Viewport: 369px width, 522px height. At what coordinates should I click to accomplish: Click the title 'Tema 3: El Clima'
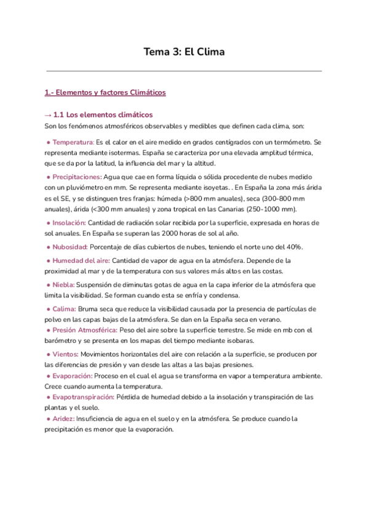pyautogui.click(x=184, y=52)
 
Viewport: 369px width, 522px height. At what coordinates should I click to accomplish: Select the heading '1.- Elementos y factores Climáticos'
pyautogui.click(x=105, y=93)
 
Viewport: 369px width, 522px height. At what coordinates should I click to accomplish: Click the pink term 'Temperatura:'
pyautogui.click(x=73, y=142)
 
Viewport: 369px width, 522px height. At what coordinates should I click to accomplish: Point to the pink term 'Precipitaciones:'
pyautogui.click(x=77, y=177)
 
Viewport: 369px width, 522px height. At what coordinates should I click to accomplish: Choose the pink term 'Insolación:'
pyautogui.click(x=69, y=223)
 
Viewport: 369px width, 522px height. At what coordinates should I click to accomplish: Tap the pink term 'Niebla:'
pyautogui.click(x=63, y=285)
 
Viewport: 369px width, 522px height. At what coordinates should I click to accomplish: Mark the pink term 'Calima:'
pyautogui.click(x=65, y=309)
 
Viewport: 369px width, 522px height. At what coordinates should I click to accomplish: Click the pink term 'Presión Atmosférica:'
pyautogui.click(x=86, y=330)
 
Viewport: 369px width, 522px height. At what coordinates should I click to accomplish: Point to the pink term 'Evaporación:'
pyautogui.click(x=73, y=375)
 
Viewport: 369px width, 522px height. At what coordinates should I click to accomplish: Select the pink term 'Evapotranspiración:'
pyautogui.click(x=83, y=397)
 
